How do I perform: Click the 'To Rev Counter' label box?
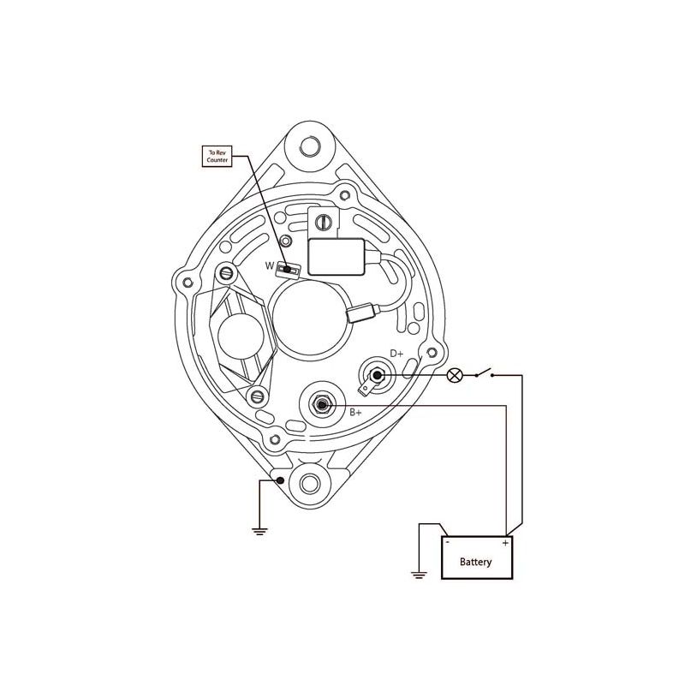coord(217,157)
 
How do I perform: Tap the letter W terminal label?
coord(270,265)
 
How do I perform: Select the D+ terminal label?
coord(396,354)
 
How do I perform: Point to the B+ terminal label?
coord(355,412)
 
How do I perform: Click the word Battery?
coord(476,562)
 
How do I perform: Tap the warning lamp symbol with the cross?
coord(455,375)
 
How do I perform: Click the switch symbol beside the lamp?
coord(484,373)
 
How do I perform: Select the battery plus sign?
coord(505,543)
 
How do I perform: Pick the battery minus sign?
coord(447,542)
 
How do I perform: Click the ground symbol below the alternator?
coord(259,531)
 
